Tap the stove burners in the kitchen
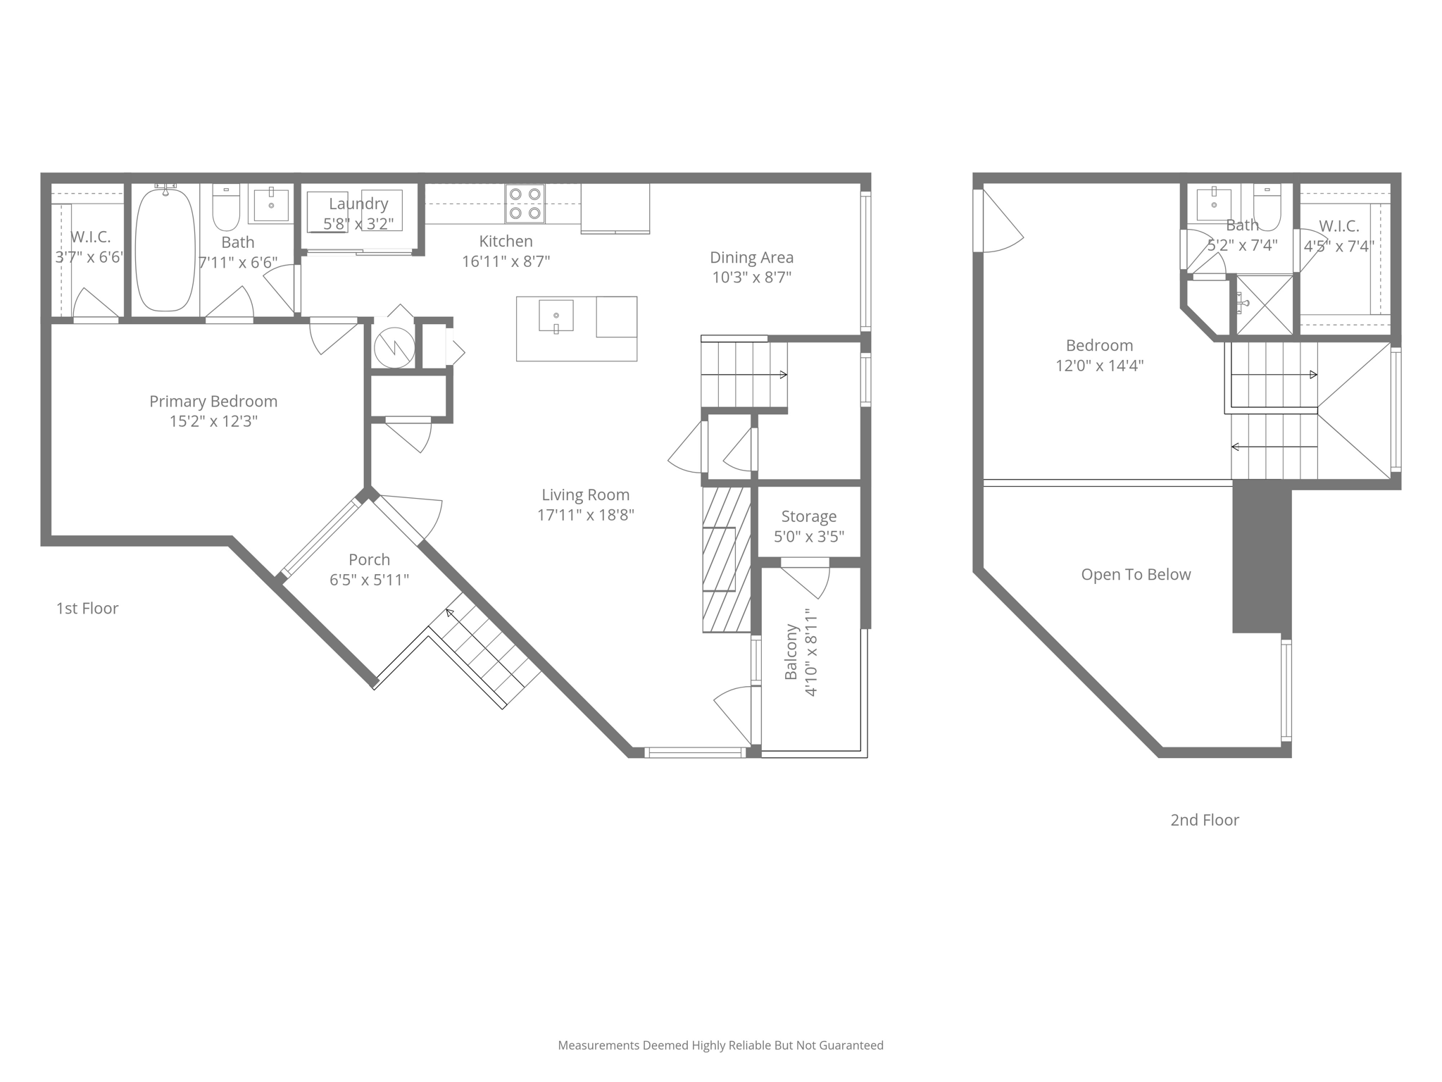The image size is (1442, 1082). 525,204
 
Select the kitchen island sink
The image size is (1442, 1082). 556,315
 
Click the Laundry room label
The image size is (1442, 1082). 358,204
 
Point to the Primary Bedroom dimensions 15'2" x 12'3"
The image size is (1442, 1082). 213,421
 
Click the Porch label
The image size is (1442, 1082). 369,559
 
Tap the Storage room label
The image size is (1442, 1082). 808,516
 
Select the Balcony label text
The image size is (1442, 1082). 791,652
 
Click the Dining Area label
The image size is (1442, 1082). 751,257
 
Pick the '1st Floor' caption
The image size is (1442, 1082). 87,608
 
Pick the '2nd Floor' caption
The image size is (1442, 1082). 1204,819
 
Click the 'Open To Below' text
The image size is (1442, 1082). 1136,574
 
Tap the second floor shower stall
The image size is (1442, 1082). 1265,304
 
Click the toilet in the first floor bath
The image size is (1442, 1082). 226,207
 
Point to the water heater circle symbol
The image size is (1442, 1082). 394,346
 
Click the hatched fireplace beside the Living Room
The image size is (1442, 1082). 726,559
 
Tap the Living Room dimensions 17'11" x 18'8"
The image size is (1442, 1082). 585,515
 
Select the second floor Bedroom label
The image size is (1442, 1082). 1098,345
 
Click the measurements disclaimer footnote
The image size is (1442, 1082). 720,1045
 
